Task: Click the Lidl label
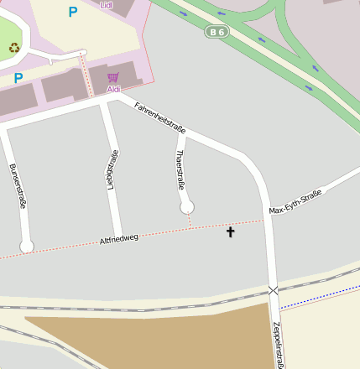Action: pos(106,4)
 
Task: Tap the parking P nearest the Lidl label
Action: pos(73,12)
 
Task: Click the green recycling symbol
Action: pos(14,48)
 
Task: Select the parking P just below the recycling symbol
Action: pos(18,78)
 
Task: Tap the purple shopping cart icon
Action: pos(112,77)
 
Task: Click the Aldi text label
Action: pos(113,89)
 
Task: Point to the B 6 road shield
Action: pos(216,31)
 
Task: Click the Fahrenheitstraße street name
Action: pos(159,116)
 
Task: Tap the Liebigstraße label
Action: pos(112,169)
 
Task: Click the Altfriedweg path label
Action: pos(118,239)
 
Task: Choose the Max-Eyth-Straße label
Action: pos(295,202)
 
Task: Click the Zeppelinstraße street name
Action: pos(278,344)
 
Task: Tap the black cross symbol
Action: pos(231,231)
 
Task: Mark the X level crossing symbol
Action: pos(273,290)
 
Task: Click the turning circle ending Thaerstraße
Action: pos(187,207)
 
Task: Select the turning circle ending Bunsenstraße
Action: pos(27,246)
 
